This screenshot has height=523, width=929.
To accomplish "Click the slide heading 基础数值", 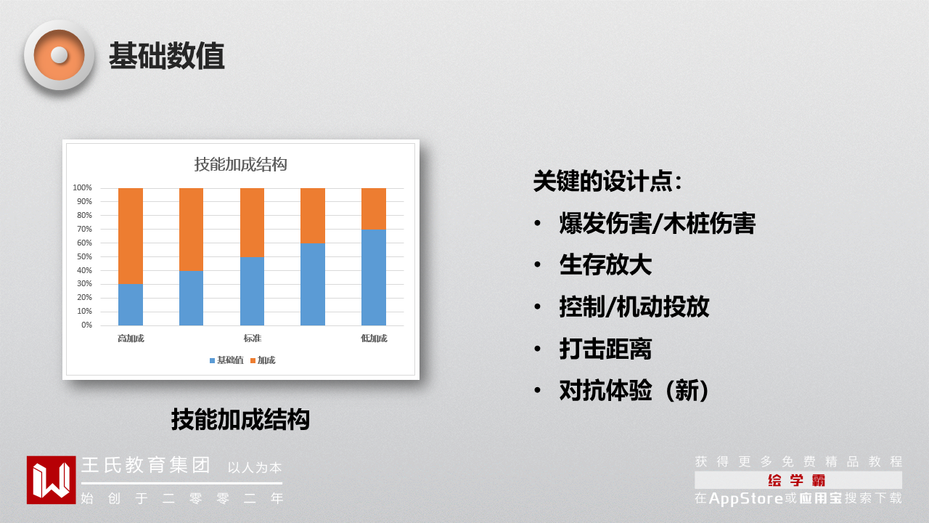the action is click(167, 56).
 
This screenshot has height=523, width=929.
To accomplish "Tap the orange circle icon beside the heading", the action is click(60, 55).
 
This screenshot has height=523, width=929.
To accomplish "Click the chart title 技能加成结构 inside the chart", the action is click(240, 164).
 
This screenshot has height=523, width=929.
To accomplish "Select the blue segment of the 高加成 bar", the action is click(131, 304).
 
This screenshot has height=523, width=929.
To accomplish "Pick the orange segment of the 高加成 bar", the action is click(131, 236).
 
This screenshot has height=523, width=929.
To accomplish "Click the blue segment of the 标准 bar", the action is click(252, 291).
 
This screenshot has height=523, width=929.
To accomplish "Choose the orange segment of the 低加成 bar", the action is click(374, 208).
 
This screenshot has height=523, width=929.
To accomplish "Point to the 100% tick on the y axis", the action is click(82, 187).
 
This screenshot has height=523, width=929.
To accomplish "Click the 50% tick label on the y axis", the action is click(84, 256).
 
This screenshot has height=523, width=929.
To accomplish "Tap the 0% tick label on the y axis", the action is click(86, 325).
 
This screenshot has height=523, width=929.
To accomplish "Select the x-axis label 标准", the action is click(252, 338).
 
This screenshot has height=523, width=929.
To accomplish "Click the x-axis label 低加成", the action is click(374, 338).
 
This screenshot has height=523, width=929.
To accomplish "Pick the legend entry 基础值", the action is click(226, 360).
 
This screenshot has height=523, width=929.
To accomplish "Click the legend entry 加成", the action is click(263, 360).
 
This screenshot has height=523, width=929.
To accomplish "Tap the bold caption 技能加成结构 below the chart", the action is click(240, 419).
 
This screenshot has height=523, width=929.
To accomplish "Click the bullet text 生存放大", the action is click(605, 265).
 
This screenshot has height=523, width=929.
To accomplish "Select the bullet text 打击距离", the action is click(605, 349).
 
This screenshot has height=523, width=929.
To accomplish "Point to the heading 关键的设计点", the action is click(607, 181).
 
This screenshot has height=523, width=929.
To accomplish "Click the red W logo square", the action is click(51, 480).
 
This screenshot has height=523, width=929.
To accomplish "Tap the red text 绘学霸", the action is click(796, 480).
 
